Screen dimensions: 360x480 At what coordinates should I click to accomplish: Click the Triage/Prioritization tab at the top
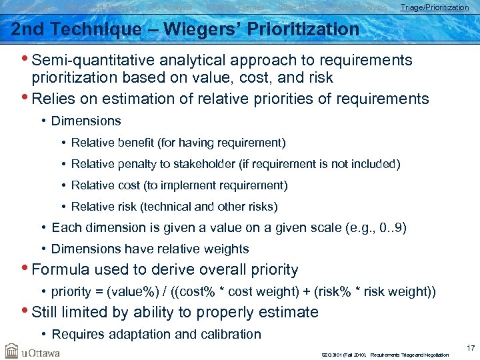coord(434,7)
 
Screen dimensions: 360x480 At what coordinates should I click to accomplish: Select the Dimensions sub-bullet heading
coord(86,121)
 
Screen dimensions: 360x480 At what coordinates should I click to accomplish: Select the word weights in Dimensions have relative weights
coord(225,249)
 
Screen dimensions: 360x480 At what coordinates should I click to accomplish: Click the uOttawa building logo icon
coord(11,350)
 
